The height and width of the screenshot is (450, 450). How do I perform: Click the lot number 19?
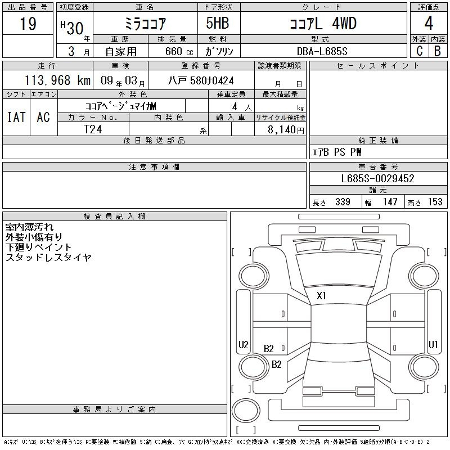(28, 23)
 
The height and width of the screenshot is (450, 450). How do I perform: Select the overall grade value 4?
(429, 23)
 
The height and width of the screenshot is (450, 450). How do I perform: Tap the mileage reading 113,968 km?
(57, 80)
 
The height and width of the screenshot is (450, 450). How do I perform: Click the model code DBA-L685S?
(322, 51)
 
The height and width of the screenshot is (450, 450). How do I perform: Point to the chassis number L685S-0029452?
(377, 178)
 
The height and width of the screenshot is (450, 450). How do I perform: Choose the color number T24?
(93, 129)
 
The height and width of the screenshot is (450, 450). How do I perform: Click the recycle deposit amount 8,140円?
(286, 130)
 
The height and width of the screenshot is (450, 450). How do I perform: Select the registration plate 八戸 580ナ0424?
(201, 80)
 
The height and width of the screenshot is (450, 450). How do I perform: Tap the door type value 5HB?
(217, 23)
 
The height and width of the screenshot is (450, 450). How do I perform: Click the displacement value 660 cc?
(179, 51)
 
